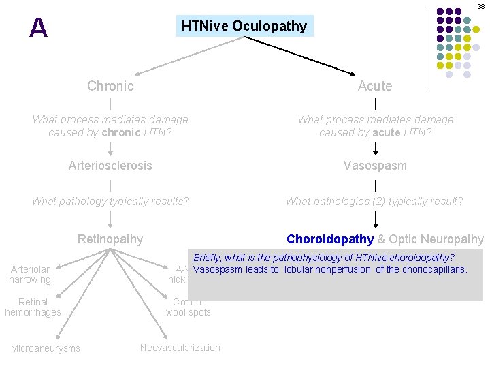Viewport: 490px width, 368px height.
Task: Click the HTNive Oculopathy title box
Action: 244,27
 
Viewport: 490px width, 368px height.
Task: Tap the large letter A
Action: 39,28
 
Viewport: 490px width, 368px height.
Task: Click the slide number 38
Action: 480,5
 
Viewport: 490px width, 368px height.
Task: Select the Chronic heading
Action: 110,86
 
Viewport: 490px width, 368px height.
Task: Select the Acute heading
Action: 375,86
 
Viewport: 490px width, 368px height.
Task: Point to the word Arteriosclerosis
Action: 110,166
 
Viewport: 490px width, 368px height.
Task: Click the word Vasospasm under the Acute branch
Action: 375,166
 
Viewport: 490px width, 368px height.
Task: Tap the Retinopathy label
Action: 110,239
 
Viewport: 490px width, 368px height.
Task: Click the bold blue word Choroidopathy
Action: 330,239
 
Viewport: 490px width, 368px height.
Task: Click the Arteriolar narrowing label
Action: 30,275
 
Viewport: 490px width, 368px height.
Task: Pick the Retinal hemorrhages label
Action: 33,307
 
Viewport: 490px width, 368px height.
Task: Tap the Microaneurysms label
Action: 45,348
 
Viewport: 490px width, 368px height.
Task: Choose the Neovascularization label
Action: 180,348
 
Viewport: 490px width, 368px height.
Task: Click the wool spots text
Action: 189,312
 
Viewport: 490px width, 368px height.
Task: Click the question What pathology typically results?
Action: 110,201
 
